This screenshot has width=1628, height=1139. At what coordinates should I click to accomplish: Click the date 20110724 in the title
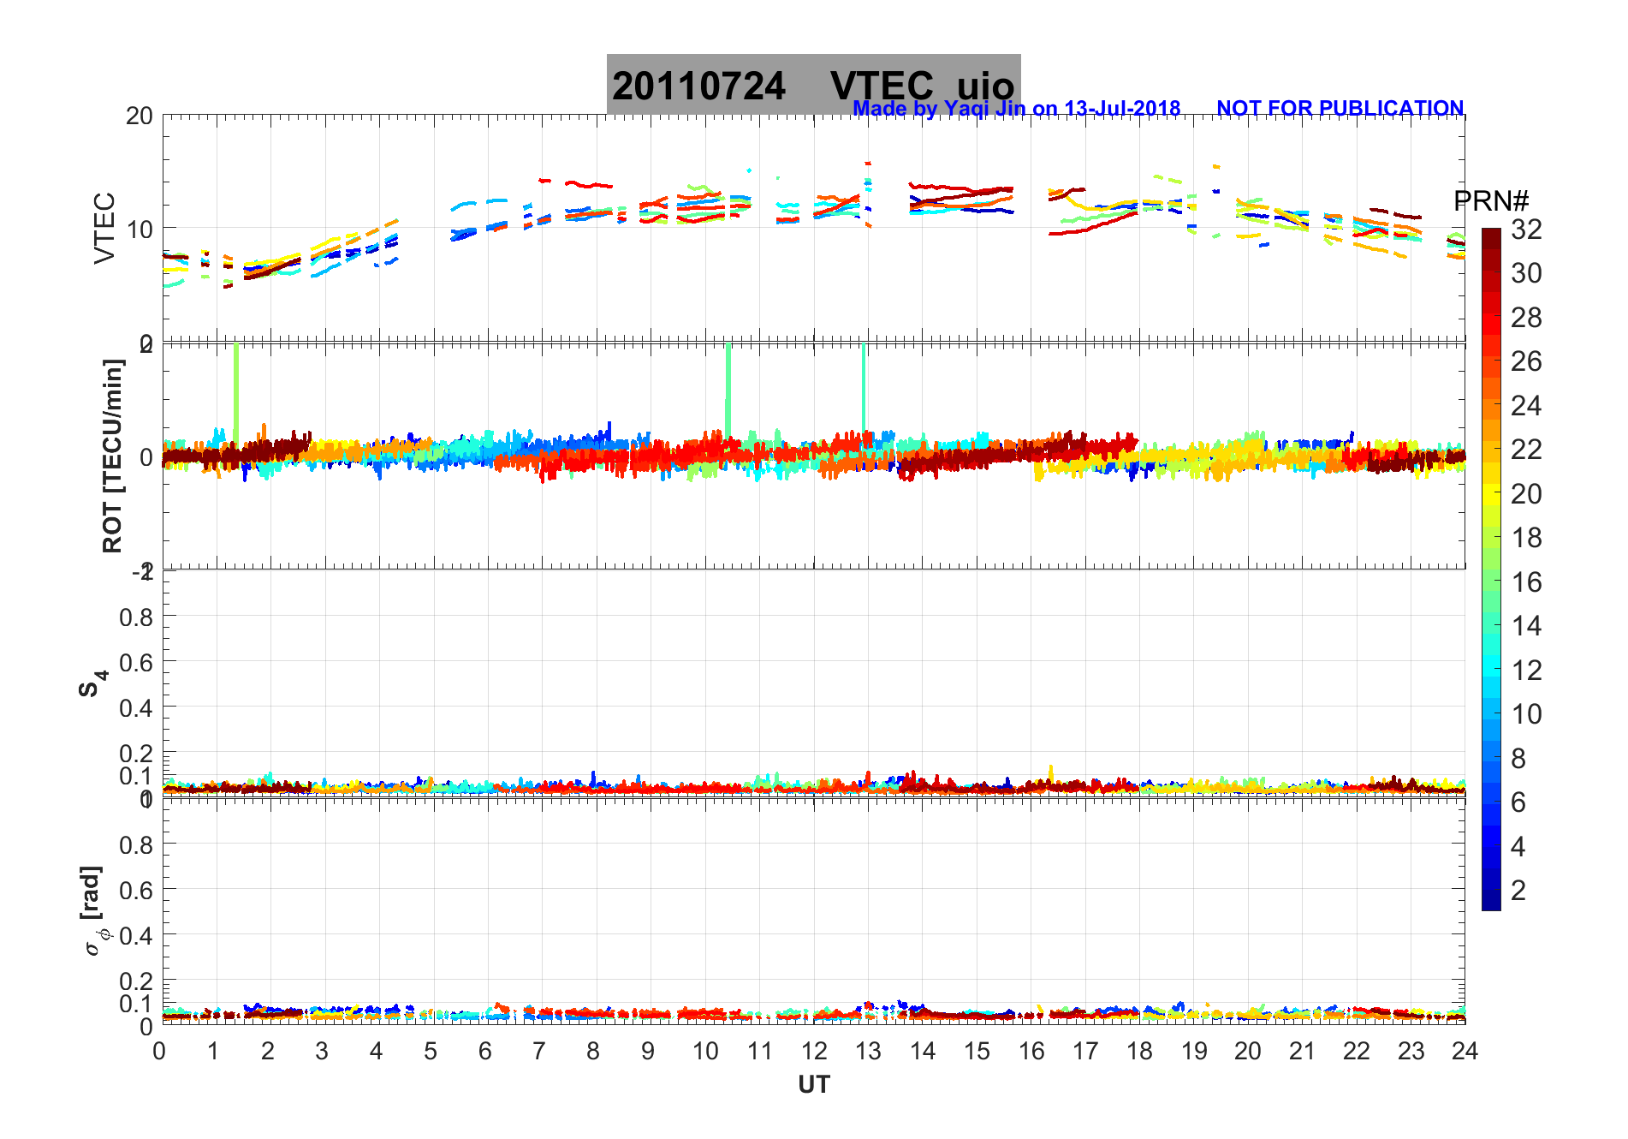[x=698, y=86]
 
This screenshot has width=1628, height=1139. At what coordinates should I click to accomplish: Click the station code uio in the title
[x=985, y=86]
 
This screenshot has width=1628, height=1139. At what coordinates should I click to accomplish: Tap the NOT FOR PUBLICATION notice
[x=1340, y=109]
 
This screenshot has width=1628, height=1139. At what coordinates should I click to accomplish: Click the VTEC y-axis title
[x=104, y=228]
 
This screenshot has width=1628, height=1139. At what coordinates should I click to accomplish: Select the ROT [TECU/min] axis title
[x=112, y=456]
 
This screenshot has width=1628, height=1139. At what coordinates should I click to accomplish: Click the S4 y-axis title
[x=92, y=683]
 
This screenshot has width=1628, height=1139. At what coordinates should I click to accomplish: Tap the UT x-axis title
[x=813, y=1085]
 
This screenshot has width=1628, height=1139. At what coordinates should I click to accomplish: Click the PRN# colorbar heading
[x=1490, y=201]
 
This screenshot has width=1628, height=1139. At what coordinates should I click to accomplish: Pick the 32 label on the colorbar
[x=1526, y=229]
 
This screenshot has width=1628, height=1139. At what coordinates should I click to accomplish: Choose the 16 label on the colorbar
[x=1526, y=582]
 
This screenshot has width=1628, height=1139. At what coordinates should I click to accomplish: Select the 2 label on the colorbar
[x=1518, y=891]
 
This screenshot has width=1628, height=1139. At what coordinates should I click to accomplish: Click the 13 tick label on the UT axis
[x=868, y=1052]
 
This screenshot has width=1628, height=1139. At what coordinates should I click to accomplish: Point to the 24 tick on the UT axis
[x=1465, y=1052]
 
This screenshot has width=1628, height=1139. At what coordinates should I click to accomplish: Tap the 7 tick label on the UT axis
[x=539, y=1052]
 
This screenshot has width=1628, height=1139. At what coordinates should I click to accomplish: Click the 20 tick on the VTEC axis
[x=140, y=116]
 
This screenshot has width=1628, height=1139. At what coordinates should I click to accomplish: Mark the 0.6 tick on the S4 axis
[x=136, y=662]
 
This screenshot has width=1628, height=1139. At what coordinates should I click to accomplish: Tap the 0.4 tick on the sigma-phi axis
[x=136, y=935]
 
